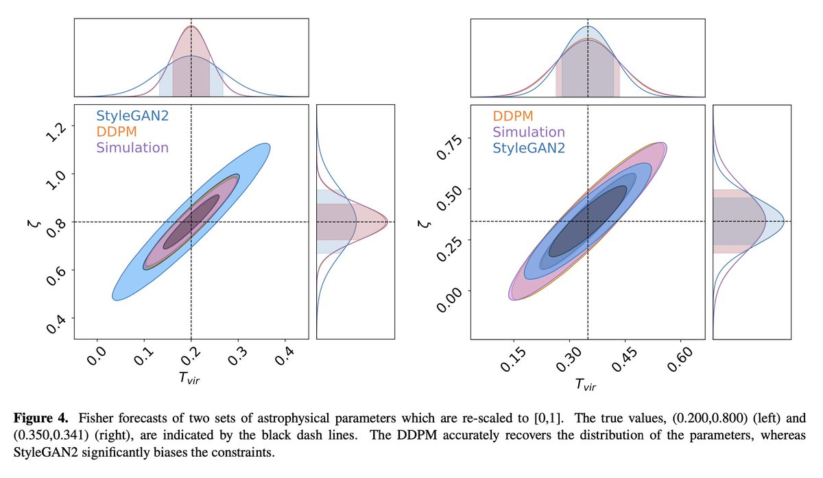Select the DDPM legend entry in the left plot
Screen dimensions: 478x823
click(119, 132)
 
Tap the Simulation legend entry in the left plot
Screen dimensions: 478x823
click(132, 147)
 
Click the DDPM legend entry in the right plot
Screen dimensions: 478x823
click(512, 117)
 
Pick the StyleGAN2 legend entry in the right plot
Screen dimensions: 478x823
click(528, 147)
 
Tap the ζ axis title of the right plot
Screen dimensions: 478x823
click(424, 223)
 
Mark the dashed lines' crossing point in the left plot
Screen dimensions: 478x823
click(191, 222)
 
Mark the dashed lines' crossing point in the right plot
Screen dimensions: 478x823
click(588, 221)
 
